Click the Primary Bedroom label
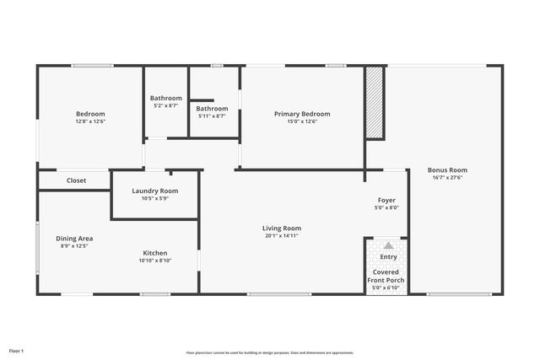point(302,114)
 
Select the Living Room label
point(282,228)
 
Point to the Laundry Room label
point(154,191)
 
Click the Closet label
point(76,180)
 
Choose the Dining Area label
point(73,238)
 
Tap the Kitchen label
point(154,253)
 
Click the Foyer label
point(386,200)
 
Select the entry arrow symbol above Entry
point(388,244)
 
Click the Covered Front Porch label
point(388,277)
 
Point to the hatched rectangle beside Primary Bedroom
point(375,102)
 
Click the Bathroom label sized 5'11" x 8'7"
point(212,108)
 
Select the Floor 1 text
point(16,350)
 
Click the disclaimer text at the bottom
point(270,352)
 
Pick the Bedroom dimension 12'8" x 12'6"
point(90,121)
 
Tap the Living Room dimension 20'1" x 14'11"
point(282,236)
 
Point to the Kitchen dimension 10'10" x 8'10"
point(154,261)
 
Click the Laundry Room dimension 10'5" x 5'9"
point(154,199)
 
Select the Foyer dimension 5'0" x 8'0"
point(386,207)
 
